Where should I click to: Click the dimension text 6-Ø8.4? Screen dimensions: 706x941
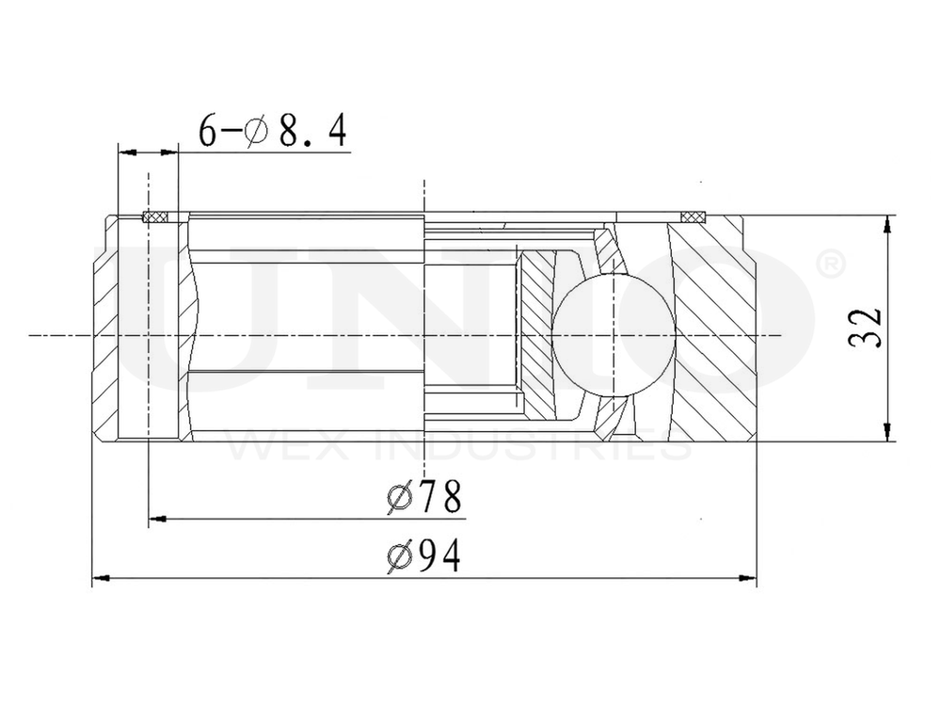(x=273, y=131)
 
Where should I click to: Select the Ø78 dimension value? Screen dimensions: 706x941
(x=424, y=497)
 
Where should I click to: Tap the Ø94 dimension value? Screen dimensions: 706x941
(x=424, y=555)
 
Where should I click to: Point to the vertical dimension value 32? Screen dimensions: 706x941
(x=867, y=328)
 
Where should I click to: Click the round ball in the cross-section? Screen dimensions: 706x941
(x=613, y=335)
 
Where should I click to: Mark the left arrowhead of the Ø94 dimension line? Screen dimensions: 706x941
(x=100, y=575)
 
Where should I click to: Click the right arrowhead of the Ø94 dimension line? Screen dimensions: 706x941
(x=749, y=575)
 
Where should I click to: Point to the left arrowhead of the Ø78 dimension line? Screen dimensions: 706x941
(x=157, y=517)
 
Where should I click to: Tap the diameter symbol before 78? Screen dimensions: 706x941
(x=399, y=498)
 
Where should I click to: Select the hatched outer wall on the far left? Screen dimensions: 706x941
(x=105, y=329)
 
